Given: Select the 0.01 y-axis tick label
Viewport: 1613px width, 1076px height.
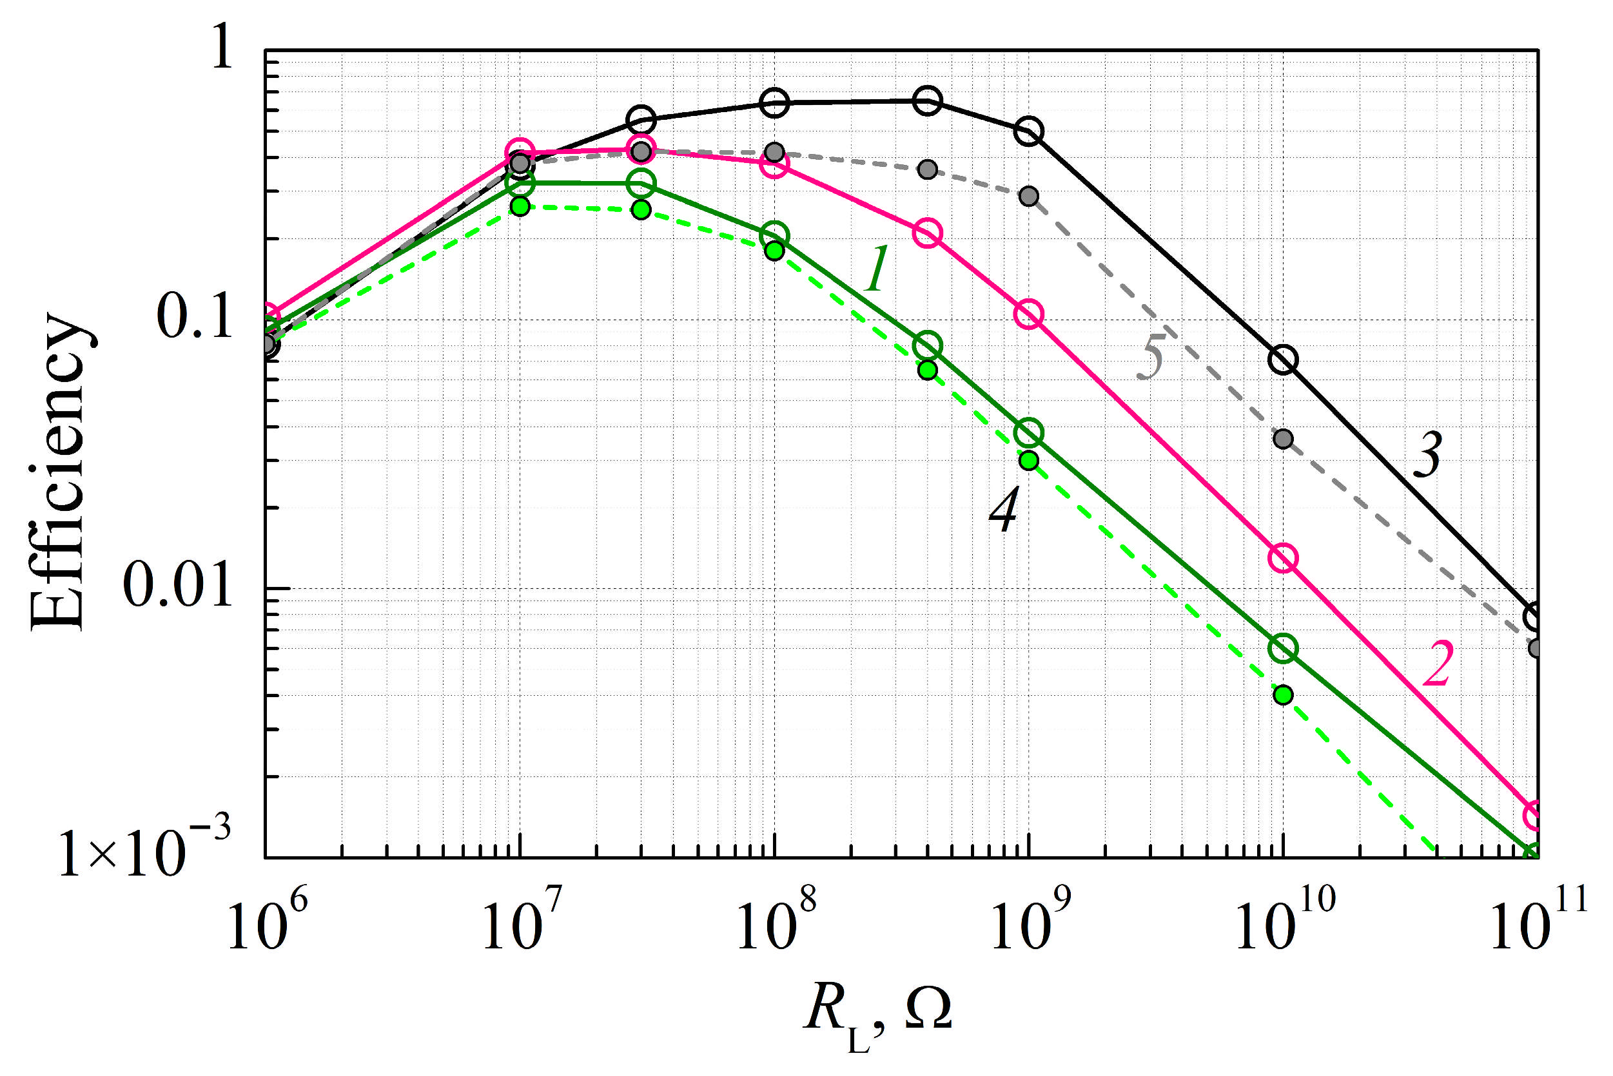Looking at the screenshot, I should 179,587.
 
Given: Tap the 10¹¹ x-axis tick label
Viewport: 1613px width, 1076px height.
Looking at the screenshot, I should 1538,921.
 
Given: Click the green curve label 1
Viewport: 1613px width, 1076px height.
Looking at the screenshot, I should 877,269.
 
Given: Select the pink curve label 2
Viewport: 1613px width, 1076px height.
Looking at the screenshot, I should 1436,664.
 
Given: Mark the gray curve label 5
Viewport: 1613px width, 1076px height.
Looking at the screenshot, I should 1153,358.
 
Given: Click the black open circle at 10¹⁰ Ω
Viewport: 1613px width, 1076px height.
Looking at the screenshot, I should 1283,360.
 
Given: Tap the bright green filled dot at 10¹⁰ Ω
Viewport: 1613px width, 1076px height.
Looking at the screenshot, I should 1283,695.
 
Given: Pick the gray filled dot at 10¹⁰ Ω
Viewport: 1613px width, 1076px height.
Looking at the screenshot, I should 1283,439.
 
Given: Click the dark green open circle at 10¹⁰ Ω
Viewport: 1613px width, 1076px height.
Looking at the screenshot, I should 1283,648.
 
